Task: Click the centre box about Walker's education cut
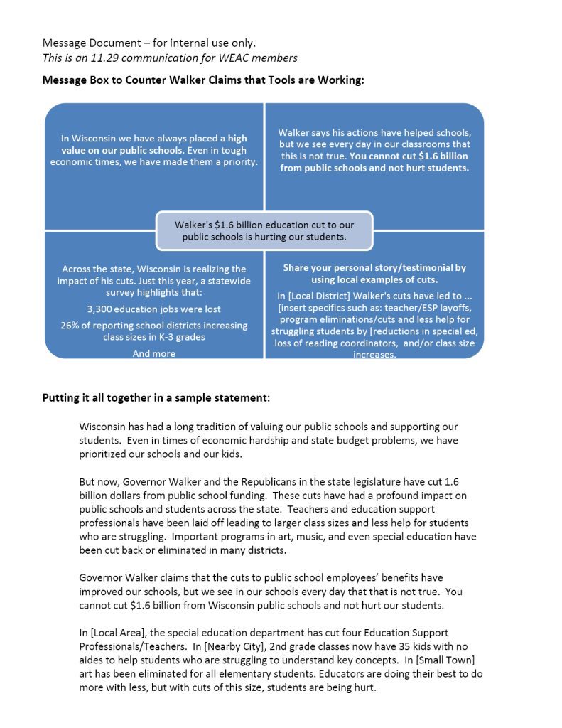(264, 230)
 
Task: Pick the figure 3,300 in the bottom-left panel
(102, 309)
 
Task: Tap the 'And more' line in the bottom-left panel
(153, 353)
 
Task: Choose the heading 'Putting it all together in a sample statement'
(156, 397)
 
